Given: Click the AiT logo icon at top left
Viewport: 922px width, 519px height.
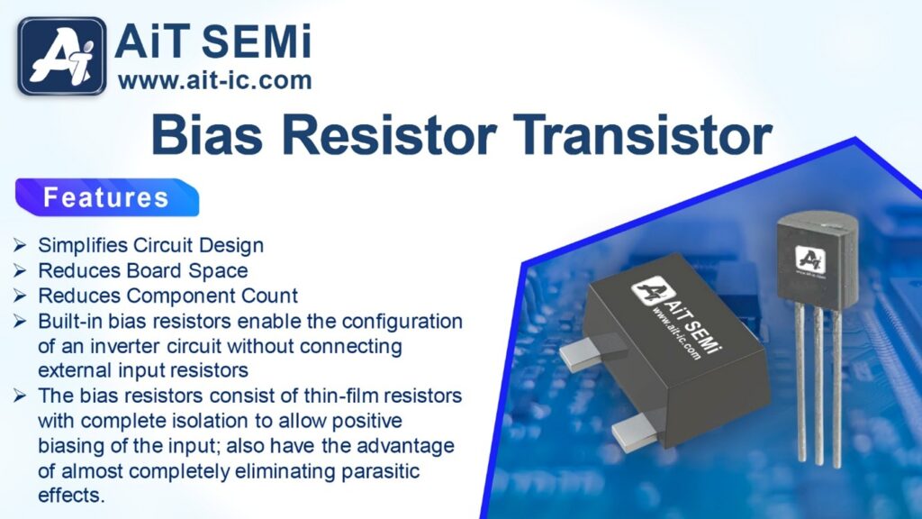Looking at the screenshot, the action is coord(62,57).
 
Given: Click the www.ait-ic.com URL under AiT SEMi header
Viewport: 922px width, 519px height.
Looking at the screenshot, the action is coord(214,80).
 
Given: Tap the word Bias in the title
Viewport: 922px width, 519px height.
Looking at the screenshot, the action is coord(206,135).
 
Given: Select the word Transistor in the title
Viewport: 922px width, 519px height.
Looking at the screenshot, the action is coord(642,135).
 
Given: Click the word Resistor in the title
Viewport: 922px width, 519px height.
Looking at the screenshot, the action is coord(389,135).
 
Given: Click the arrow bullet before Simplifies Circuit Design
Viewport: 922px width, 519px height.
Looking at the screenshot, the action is coord(20,245).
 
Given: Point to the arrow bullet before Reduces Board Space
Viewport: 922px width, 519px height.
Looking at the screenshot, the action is coord(20,270).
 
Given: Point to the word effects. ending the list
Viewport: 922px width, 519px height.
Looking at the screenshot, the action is coord(71,495).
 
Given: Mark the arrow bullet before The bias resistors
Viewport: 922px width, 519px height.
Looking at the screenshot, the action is coord(20,396).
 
